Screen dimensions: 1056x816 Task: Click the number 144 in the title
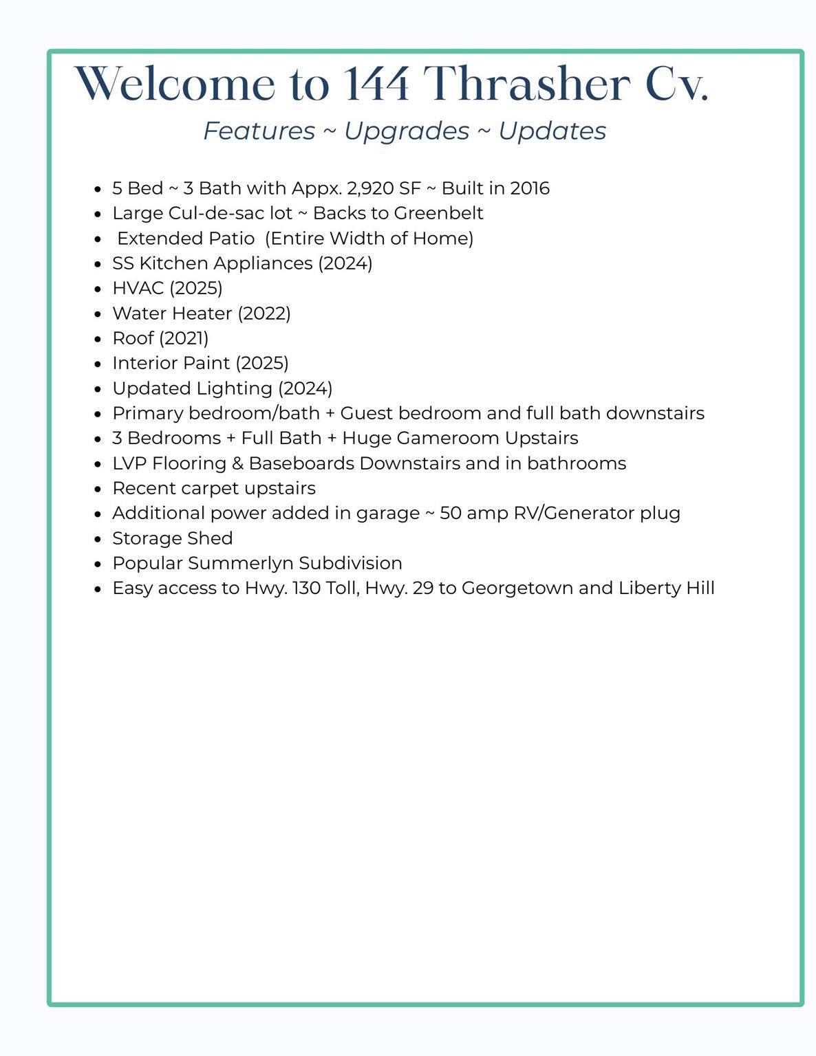point(376,85)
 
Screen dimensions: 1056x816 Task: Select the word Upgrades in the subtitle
point(407,131)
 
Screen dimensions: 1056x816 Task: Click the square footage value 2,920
point(370,188)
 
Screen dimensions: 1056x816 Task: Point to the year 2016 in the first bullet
point(530,188)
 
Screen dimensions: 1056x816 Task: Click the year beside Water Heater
point(264,313)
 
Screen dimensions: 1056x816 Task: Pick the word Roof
point(133,338)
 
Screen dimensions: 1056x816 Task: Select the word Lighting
point(235,388)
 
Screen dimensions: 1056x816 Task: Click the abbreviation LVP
point(129,463)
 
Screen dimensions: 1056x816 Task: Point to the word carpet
point(210,488)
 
